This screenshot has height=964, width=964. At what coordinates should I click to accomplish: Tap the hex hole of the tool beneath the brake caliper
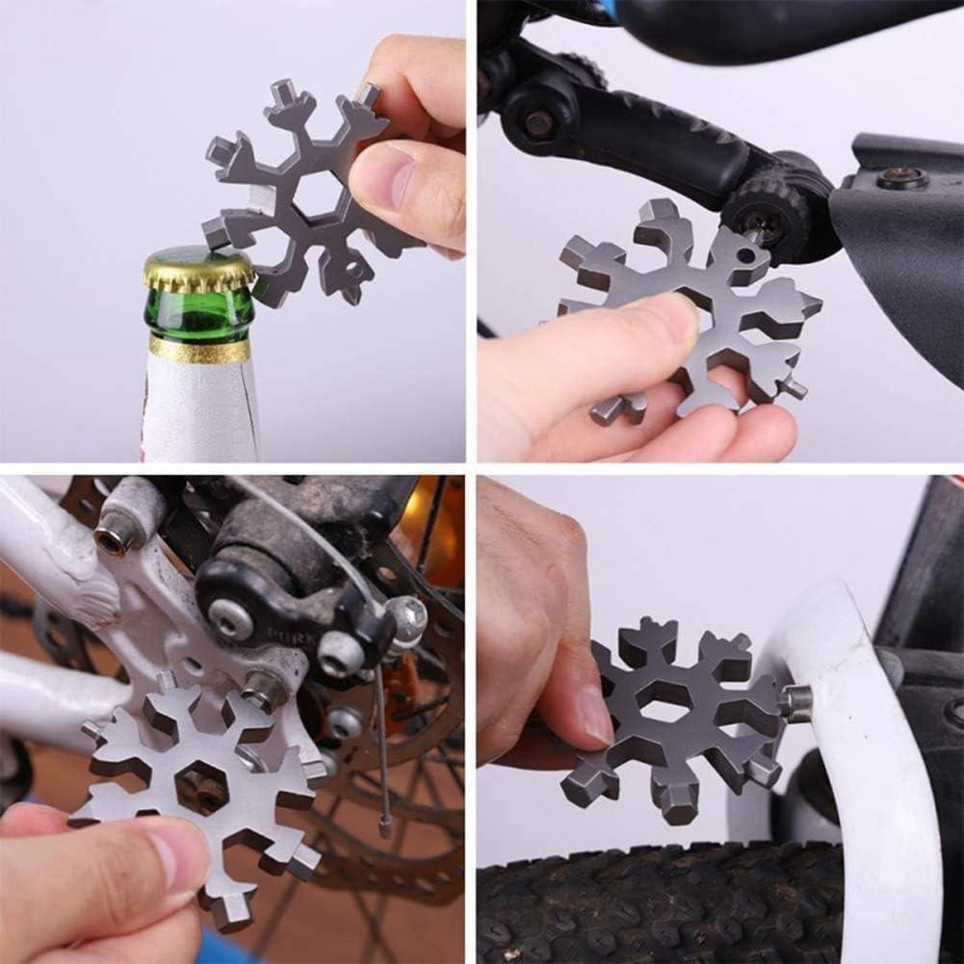point(201,785)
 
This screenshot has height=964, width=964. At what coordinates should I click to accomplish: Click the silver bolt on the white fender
point(795,703)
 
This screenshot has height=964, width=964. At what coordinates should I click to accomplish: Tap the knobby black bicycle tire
point(674,905)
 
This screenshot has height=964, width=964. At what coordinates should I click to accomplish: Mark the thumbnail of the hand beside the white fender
point(594,714)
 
